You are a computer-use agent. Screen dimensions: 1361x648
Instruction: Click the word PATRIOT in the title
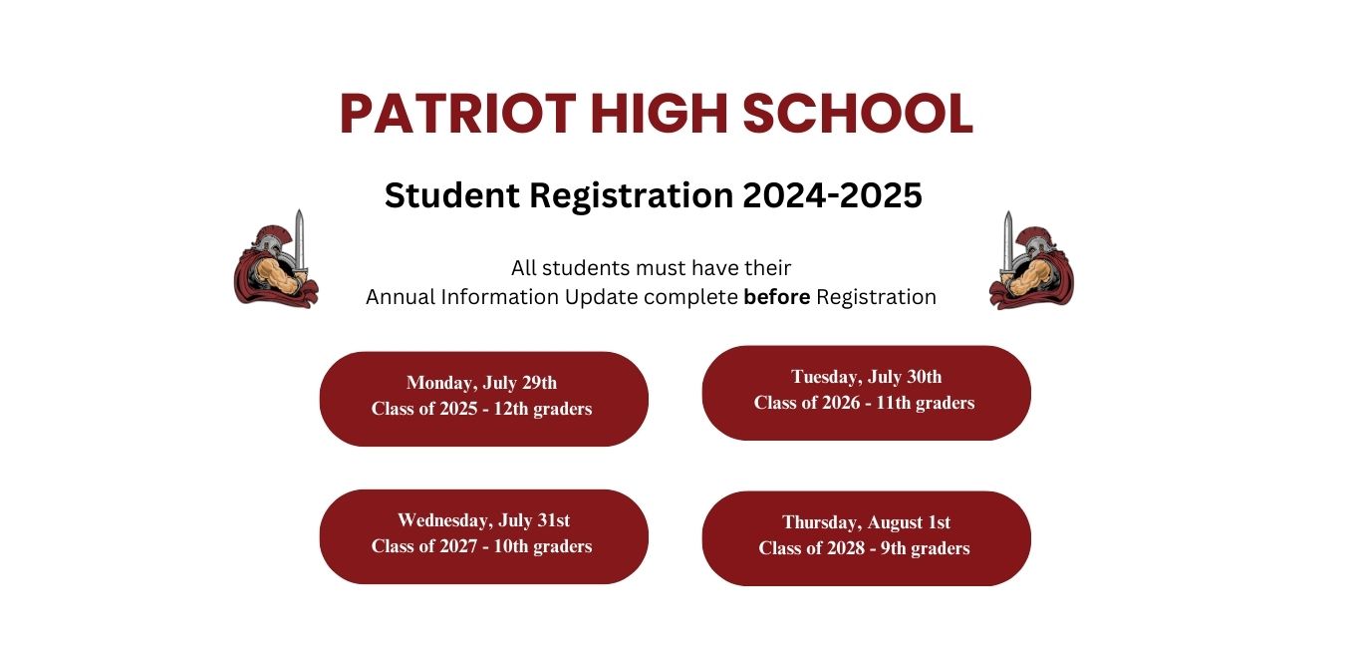[457, 113]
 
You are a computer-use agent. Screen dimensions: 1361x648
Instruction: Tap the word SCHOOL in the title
[857, 113]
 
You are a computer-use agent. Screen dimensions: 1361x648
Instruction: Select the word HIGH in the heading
[659, 113]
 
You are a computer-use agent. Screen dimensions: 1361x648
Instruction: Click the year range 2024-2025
[832, 195]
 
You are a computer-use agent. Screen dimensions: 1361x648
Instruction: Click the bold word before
[776, 297]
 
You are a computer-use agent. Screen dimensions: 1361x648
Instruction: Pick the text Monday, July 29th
[482, 383]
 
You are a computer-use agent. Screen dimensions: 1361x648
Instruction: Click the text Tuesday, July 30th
[867, 377]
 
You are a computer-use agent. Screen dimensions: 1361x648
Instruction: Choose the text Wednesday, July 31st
[483, 520]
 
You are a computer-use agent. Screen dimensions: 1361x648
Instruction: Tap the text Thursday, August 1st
[867, 522]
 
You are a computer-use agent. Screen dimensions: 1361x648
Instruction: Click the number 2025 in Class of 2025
[458, 409]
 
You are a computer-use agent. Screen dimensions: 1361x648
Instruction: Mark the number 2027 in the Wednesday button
[458, 546]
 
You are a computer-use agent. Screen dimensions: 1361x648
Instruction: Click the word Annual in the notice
[401, 297]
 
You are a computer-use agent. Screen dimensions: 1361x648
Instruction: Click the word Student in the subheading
[452, 195]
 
